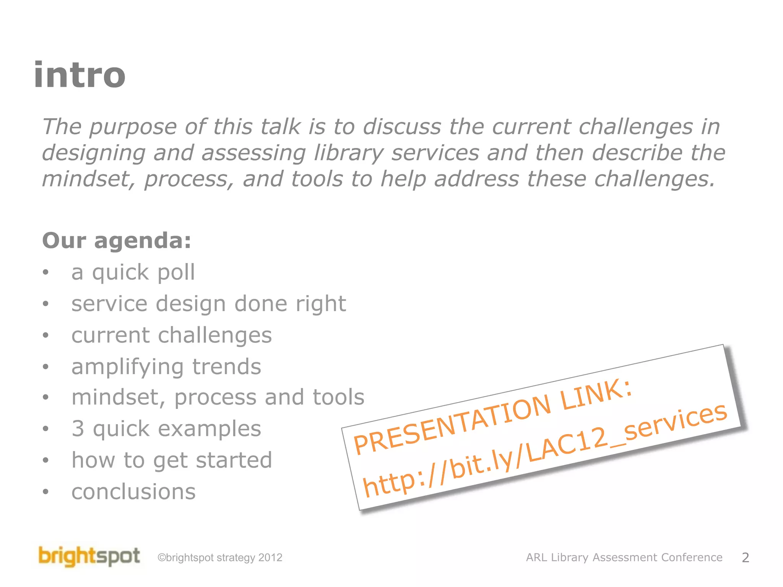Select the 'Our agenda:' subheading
pos(117,241)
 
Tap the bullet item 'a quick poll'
pos(133,272)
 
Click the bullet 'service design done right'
pos(208,304)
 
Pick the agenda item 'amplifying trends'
pos(166,366)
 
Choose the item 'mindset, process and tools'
pos(218,397)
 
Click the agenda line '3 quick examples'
pos(166,428)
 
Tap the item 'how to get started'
pos(172,460)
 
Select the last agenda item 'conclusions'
pos(133,491)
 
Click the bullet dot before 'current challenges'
pos(46,336)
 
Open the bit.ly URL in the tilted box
pos(544,451)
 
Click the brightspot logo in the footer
pos(89,556)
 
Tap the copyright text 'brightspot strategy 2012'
pos(220,558)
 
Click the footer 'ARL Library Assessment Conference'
pos(624,558)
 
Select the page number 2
pos(745,558)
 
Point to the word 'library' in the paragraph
pos(348,154)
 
